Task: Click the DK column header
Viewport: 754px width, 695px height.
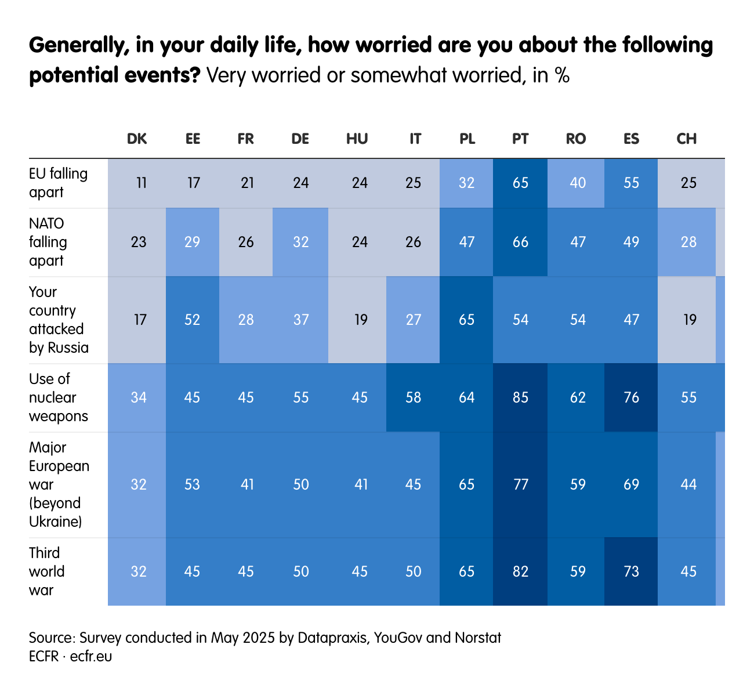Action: (137, 139)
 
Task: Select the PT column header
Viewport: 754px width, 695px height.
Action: (520, 139)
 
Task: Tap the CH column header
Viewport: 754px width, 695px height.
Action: (687, 139)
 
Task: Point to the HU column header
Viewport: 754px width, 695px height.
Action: (357, 139)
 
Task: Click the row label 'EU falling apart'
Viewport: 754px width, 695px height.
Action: (58, 183)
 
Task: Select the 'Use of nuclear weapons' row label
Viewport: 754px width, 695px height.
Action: (58, 397)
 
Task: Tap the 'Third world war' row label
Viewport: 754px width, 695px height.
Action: (47, 571)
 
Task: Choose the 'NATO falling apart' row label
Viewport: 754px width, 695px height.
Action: (48, 242)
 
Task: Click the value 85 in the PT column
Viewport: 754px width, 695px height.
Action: (520, 397)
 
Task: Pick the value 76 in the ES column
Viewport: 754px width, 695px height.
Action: (631, 397)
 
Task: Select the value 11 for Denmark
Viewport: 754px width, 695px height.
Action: (141, 183)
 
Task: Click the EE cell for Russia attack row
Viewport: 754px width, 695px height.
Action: (192, 320)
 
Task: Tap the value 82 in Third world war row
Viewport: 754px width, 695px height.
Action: (520, 571)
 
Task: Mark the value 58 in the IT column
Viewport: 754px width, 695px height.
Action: (413, 397)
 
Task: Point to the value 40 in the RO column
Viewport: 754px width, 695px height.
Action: (578, 183)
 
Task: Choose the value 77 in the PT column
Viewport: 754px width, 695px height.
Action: (520, 484)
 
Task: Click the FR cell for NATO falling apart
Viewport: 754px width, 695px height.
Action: (246, 242)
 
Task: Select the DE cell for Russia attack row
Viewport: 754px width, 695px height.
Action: (300, 320)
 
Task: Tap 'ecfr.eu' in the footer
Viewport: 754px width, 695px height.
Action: (91, 657)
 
